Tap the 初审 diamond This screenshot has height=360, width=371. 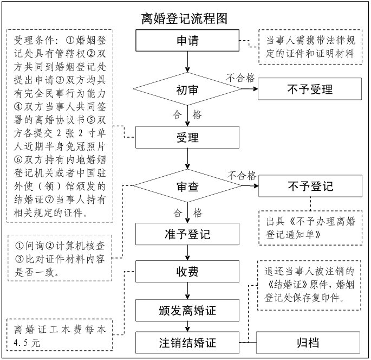187,89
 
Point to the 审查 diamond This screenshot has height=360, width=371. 187,187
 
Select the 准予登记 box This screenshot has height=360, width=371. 187,235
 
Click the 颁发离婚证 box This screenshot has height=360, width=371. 187,311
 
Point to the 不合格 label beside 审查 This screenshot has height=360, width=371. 241,175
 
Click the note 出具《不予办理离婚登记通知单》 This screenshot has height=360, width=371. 308,228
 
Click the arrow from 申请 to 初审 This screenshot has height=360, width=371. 187,62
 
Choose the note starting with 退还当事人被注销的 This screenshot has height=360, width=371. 309,285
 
